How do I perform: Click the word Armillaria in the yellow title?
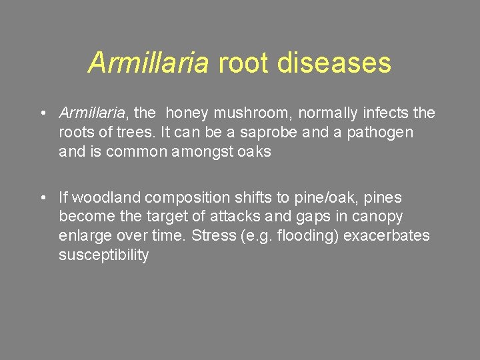tap(149, 63)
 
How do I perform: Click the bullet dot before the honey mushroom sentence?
tap(42, 114)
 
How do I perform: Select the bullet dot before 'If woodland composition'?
tap(42, 198)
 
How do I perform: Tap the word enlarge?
tap(83, 235)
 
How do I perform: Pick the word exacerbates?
tap(387, 235)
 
